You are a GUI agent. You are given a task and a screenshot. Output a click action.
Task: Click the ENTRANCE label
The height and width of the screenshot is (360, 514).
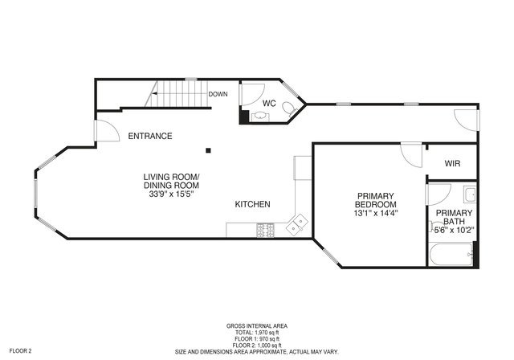point(150,136)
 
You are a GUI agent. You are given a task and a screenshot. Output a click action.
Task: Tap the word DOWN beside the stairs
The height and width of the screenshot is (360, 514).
point(218,94)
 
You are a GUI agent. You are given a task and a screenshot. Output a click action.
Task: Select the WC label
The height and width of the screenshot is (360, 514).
point(270,104)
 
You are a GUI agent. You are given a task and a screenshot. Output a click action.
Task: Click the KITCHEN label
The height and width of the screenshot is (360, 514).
point(252,204)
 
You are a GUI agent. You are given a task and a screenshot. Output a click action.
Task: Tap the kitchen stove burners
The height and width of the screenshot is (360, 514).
point(265,230)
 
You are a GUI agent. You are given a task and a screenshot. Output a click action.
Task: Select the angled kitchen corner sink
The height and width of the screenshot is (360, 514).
point(299,223)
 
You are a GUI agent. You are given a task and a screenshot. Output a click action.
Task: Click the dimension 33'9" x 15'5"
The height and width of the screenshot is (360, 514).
point(171,194)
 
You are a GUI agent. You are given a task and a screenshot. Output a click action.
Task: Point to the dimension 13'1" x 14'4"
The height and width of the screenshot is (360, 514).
point(377,213)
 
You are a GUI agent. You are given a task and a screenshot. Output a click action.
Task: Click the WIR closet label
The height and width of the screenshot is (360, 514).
point(454,164)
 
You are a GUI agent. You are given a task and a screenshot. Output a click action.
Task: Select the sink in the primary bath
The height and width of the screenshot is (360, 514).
point(470,194)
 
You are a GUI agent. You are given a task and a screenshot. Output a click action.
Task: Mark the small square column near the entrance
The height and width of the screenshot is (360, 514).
point(208,149)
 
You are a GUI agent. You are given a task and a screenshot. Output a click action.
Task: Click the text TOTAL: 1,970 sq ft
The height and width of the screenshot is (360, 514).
point(257,332)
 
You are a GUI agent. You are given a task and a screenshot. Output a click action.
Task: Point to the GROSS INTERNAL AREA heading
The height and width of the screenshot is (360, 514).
point(257,326)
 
